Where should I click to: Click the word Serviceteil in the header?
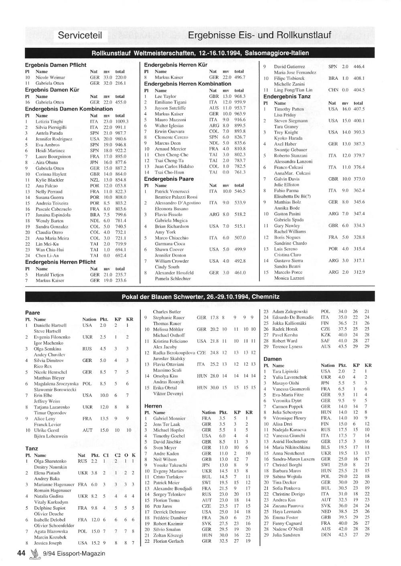tap(80, 35)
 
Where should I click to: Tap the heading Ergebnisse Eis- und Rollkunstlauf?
tap(259, 35)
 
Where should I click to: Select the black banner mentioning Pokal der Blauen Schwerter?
tap(200, 297)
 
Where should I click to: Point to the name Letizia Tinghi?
tap(49, 121)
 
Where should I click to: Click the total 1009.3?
tap(122, 121)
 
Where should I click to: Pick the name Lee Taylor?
tap(165, 96)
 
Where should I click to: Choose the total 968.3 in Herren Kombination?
tap(240, 96)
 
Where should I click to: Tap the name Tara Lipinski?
tap(285, 371)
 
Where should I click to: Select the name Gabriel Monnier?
tap(169, 418)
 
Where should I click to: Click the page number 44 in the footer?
tap(21, 553)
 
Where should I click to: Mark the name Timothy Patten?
tap(289, 109)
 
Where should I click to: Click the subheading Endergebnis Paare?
tap(169, 179)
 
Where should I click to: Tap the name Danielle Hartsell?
tap(50, 325)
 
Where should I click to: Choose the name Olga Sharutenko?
tap(50, 461)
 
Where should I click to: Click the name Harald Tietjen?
tap(50, 275)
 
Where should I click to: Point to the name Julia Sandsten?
tap(286, 535)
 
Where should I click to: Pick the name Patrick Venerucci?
tap(172, 191)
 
